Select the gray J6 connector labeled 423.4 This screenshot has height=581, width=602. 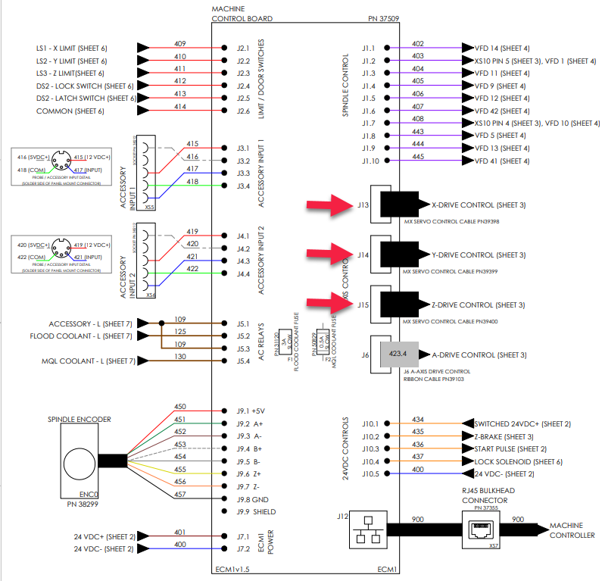coord(398,354)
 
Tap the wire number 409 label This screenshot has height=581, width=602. coord(180,43)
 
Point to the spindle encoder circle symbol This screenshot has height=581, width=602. coord(80,461)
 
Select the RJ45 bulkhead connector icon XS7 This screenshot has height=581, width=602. coord(480,529)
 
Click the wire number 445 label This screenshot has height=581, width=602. coord(418,157)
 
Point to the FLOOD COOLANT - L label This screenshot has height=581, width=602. coord(81,336)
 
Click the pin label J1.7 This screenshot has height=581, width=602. coord(369,123)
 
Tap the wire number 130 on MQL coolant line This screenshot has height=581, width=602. coord(180,357)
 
